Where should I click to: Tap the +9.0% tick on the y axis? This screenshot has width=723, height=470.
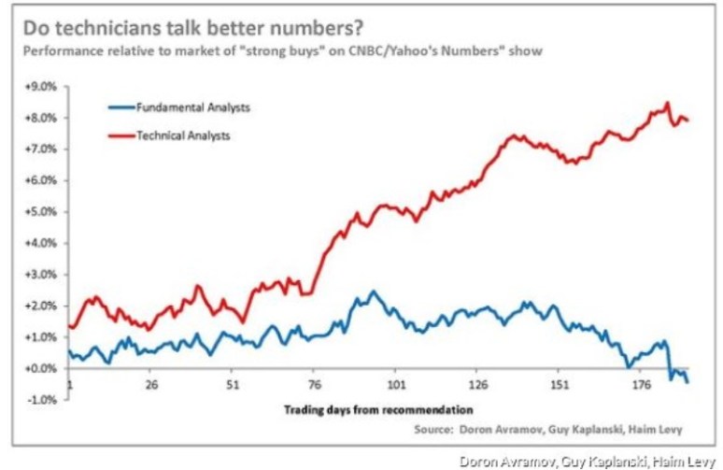point(46,86)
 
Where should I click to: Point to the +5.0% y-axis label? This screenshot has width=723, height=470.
point(46,211)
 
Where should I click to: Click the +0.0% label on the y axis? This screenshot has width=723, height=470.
point(46,368)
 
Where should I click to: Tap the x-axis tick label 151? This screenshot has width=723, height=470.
point(560,384)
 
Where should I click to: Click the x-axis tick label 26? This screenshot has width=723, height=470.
point(152,384)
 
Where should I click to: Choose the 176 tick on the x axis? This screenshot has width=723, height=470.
point(641,384)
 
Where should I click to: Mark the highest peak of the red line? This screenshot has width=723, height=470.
point(667,103)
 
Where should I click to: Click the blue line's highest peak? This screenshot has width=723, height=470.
point(373,292)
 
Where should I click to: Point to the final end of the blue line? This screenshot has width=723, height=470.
point(688,381)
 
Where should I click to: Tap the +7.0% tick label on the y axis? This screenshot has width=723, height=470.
point(46,149)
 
